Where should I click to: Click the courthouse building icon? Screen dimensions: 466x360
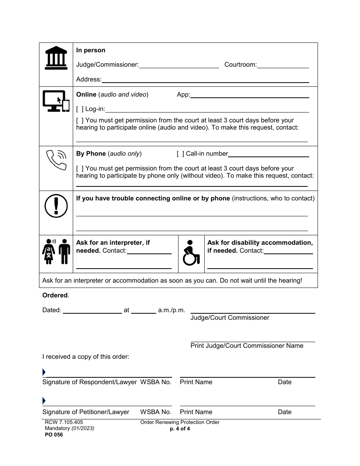pyautogui.click(x=56, y=58)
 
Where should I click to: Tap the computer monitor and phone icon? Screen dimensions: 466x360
pyautogui.click(x=56, y=101)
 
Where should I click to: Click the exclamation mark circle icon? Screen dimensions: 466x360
pyautogui.click(x=56, y=207)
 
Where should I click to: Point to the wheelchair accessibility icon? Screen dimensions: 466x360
pyautogui.click(x=191, y=253)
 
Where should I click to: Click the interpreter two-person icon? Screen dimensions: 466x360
pyautogui.click(x=56, y=252)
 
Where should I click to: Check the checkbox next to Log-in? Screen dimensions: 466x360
pyautogui.click(x=80, y=109)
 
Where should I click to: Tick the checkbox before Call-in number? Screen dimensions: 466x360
pyautogui.click(x=180, y=154)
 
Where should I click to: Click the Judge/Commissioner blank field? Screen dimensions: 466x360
pyautogui.click(x=179, y=65)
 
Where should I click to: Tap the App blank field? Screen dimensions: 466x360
pyautogui.click(x=249, y=95)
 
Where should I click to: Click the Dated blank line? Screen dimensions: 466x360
pyautogui.click(x=92, y=310)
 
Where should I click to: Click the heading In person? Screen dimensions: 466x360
pyautogui.click(x=91, y=50)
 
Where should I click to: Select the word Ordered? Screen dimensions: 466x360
pyautogui.click(x=55, y=296)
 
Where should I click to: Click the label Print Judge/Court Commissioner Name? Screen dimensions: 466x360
pyautogui.click(x=247, y=346)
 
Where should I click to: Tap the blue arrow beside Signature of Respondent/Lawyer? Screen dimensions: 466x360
pyautogui.click(x=44, y=372)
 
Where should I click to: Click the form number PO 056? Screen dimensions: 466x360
pyautogui.click(x=53, y=435)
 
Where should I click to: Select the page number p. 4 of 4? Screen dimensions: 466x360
pyautogui.click(x=180, y=429)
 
